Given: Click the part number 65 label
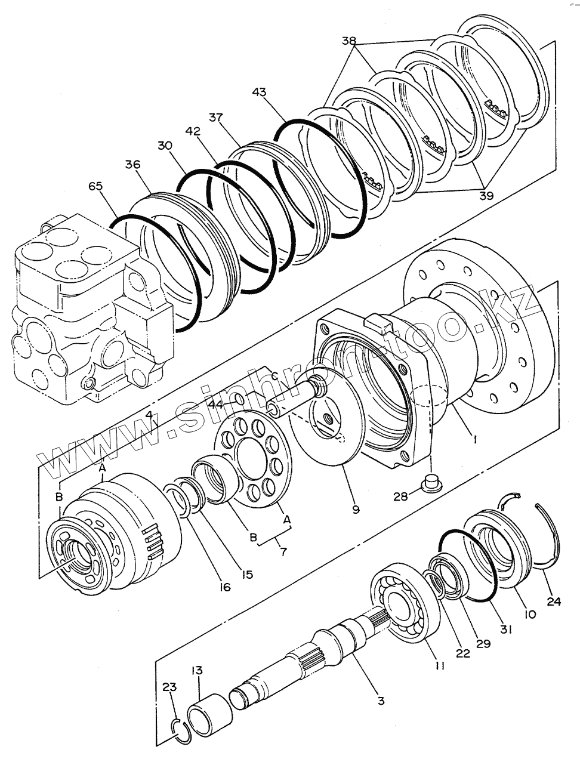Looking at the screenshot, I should (x=95, y=186).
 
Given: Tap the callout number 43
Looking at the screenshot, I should (x=259, y=92).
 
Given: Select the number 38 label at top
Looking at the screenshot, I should (x=349, y=41).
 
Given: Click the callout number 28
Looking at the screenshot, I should (x=400, y=495).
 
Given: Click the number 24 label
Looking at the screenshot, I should (x=554, y=601).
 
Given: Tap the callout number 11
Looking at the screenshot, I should (x=439, y=666).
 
